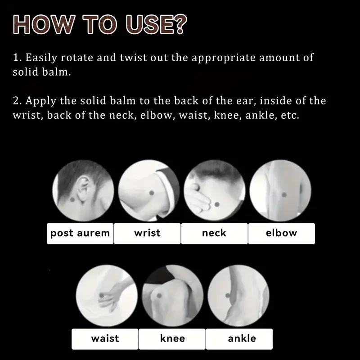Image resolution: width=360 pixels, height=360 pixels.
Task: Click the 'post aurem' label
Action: click(80, 233)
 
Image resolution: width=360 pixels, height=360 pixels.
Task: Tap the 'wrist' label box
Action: click(147, 233)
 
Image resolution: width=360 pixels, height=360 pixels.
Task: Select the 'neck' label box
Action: click(214, 233)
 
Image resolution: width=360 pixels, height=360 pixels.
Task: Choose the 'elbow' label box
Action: click(281, 233)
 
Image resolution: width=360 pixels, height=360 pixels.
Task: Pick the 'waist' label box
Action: click(105, 338)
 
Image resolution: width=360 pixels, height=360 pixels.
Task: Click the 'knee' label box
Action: click(172, 338)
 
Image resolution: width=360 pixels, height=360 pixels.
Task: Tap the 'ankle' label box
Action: click(242, 338)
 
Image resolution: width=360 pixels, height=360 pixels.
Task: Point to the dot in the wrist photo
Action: click(152, 192)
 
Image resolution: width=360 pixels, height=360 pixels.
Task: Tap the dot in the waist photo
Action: click(101, 295)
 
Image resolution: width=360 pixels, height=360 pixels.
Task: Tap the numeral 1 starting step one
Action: click(16, 58)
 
